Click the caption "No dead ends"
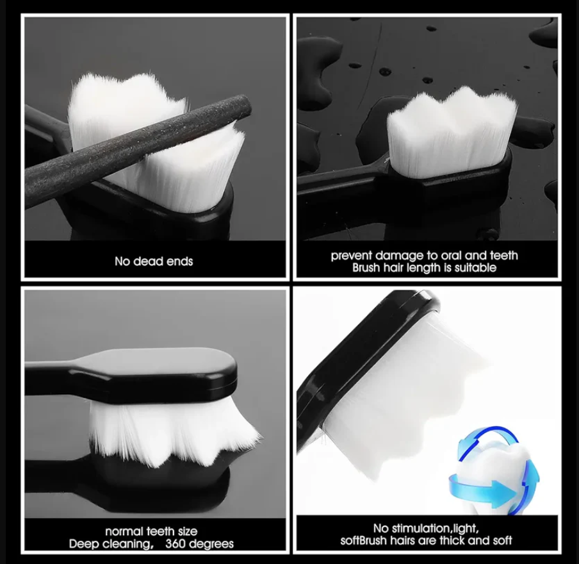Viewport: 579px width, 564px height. (154, 261)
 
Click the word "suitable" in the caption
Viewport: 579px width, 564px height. (476, 268)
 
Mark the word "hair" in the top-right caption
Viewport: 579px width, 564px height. (395, 268)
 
